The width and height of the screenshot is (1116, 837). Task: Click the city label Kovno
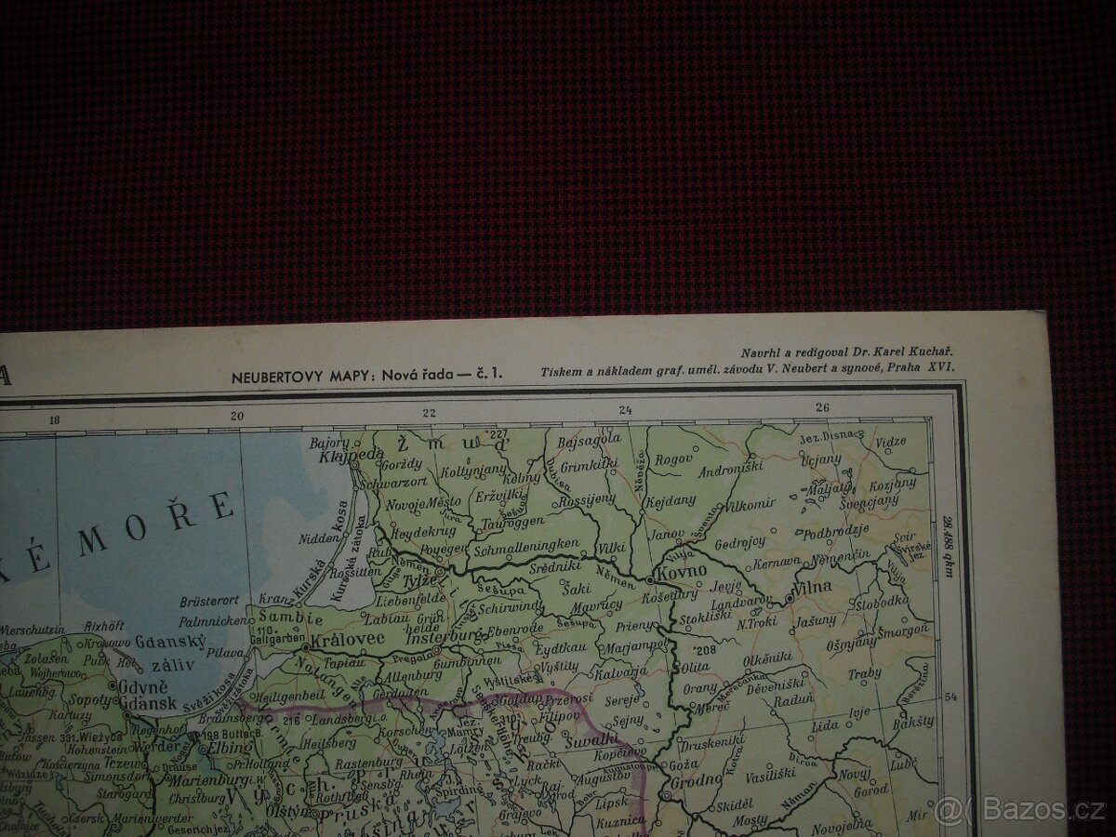pos(683,569)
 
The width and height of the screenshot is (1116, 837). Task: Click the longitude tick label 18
pos(54,419)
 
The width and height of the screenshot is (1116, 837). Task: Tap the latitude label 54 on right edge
pos(949,696)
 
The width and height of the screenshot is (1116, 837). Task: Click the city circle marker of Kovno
pos(648,578)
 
